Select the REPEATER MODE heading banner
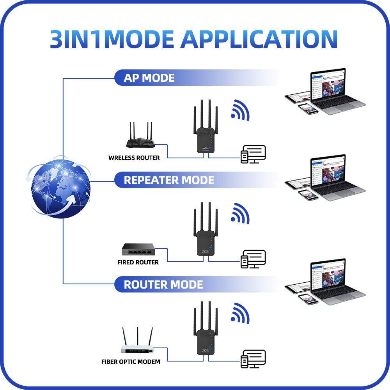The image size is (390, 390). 168,180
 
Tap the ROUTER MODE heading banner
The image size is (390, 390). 163,284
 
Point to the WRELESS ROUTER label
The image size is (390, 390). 134,158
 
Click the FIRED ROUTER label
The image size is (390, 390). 138,262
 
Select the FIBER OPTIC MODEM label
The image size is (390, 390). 131,362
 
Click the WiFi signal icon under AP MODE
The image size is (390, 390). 240,110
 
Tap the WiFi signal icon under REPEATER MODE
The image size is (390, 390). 240,214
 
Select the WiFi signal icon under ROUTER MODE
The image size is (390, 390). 240,314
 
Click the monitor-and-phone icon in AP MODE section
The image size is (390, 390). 253,154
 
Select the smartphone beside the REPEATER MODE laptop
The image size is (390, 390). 308,195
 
